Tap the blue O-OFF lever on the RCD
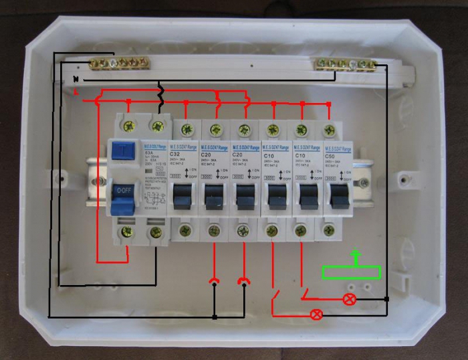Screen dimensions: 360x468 123,191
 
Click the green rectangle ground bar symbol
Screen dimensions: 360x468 352,272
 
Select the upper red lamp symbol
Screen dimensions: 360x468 348,299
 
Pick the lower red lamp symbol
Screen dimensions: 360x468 317,313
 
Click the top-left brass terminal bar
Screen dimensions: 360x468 118,64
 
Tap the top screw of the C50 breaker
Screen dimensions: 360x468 328,130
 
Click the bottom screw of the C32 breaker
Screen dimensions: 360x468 186,231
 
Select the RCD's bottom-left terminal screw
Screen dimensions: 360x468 126,232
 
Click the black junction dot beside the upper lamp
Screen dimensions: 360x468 387,298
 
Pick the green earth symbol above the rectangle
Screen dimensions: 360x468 356,256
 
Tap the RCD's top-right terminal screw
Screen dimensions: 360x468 158,124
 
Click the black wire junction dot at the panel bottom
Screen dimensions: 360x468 214,317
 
